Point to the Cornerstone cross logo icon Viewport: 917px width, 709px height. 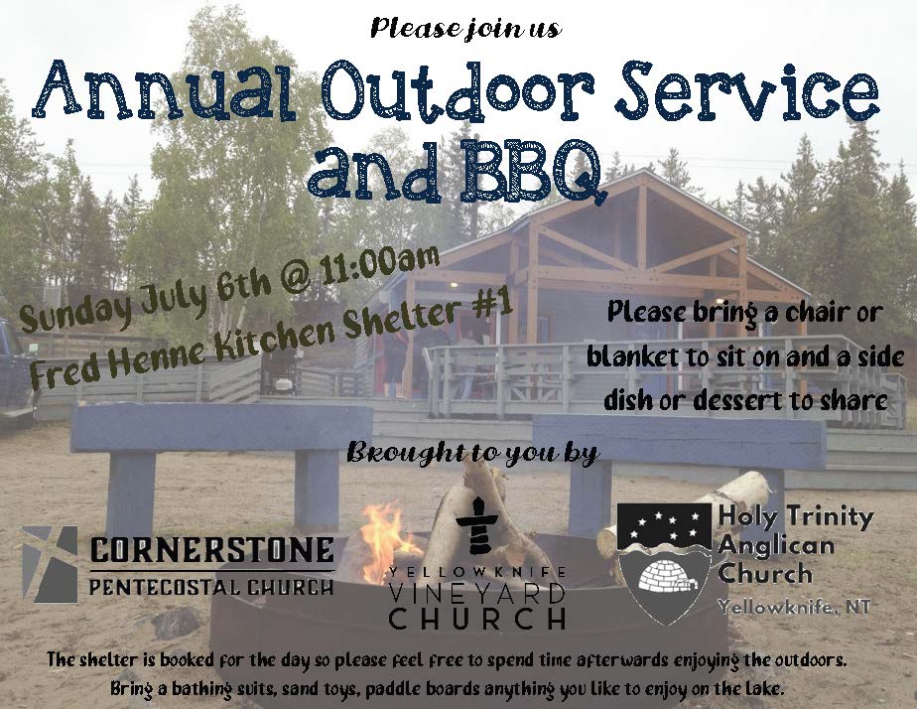coord(50,564)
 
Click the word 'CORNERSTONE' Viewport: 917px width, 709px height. coord(211,550)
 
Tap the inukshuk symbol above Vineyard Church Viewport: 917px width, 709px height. coord(478,524)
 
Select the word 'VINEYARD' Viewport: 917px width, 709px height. coord(477,595)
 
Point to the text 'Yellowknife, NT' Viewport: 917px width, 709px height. coord(794,607)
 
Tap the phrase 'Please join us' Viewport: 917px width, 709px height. coord(466,28)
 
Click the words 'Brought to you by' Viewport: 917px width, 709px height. coord(472,453)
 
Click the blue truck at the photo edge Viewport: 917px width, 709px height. coord(16,372)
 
